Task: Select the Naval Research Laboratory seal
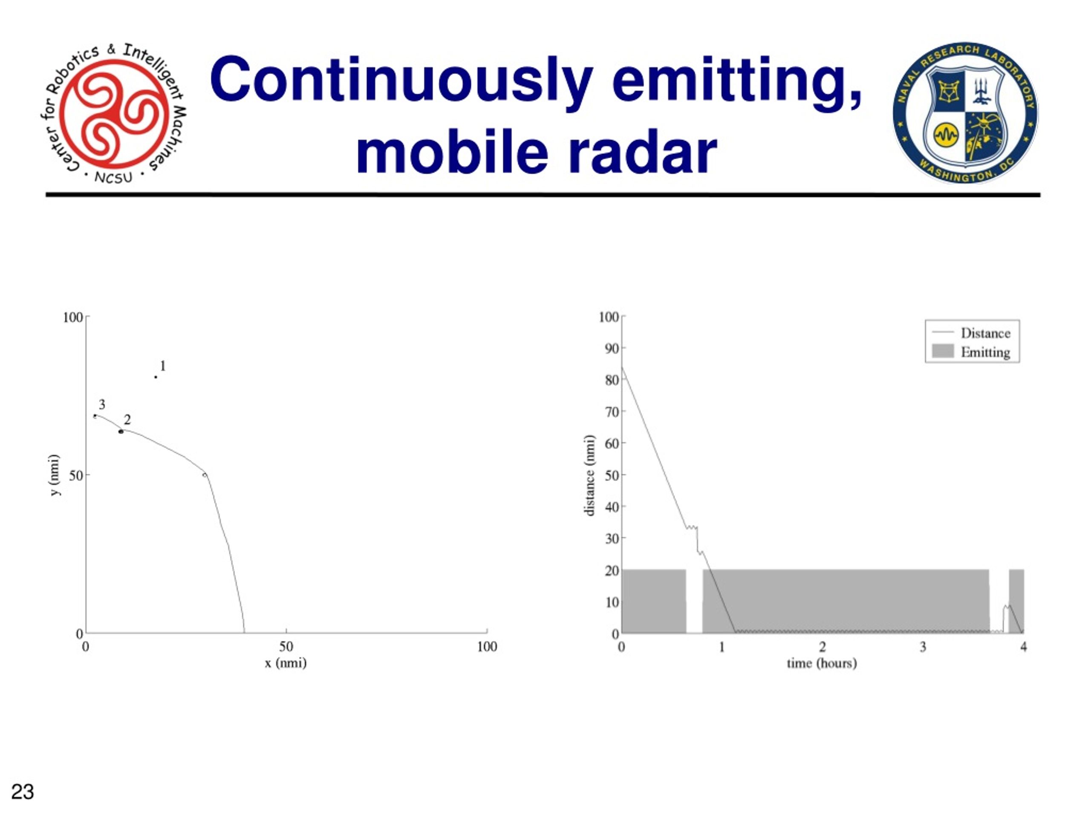[x=965, y=112]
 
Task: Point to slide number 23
[x=23, y=792]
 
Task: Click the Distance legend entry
[x=971, y=333]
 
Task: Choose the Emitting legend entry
[x=971, y=351]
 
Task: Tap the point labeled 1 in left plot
[x=156, y=377]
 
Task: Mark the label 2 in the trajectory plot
[x=127, y=420]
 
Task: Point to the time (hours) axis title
[x=822, y=663]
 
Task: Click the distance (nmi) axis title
[x=589, y=475]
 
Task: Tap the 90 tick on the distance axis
[x=612, y=349]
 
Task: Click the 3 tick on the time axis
[x=923, y=646]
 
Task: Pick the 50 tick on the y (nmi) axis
[x=76, y=475]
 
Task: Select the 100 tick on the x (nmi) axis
[x=487, y=646]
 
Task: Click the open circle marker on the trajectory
[x=204, y=475]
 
